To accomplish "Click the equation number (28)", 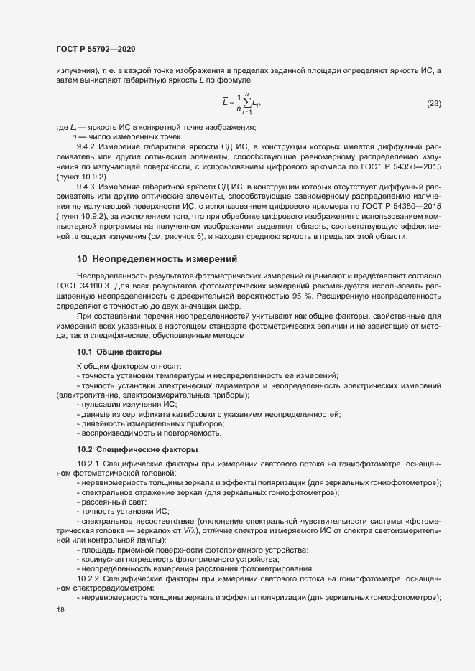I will [x=434, y=103].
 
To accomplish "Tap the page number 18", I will [x=60, y=609].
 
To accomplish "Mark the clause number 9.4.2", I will [x=88, y=146].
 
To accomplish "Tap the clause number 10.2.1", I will [x=91, y=464].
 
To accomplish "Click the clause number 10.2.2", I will [x=91, y=578].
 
